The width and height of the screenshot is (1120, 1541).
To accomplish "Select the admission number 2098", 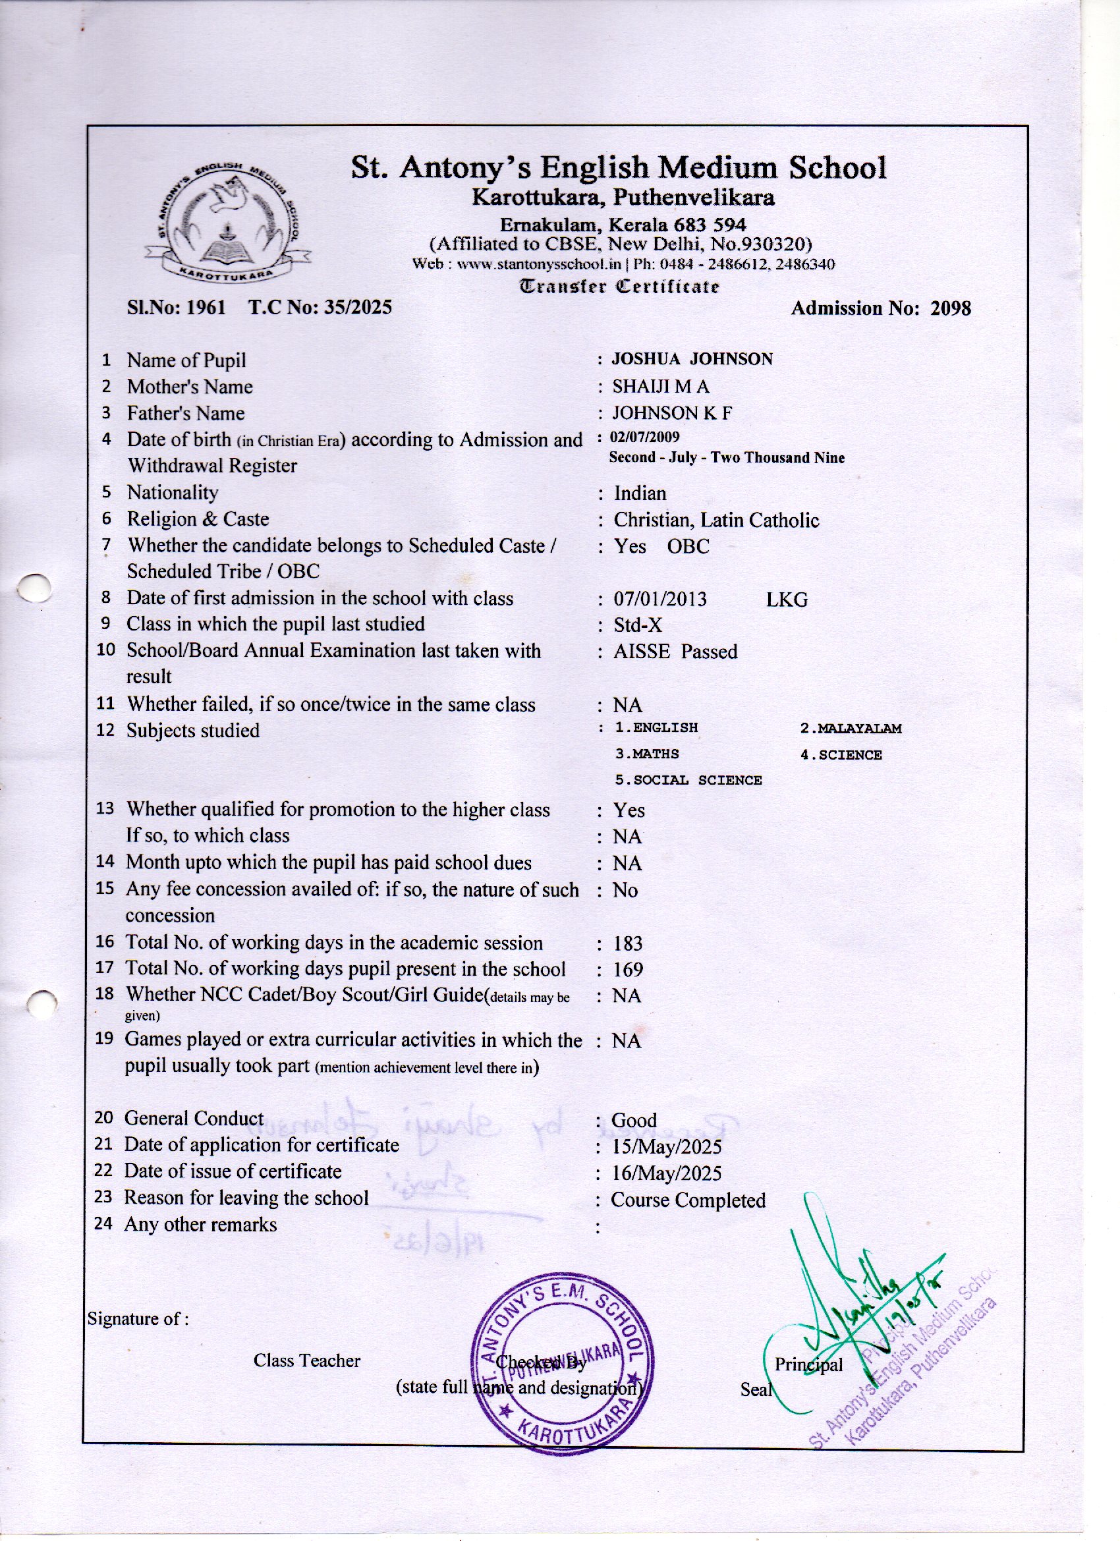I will pyautogui.click(x=950, y=308).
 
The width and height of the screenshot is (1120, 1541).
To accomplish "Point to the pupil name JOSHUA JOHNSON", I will pyautogui.click(x=692, y=359).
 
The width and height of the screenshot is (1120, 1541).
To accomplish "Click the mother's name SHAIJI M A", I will pyautogui.click(x=661, y=387).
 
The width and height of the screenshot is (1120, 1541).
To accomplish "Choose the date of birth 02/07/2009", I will pyautogui.click(x=646, y=437).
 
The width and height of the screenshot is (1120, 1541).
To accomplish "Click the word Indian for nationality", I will pyautogui.click(x=640, y=493).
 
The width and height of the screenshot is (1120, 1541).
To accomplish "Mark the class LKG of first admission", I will pyautogui.click(x=787, y=600).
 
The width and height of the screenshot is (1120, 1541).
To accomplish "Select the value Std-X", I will pyautogui.click(x=638, y=625).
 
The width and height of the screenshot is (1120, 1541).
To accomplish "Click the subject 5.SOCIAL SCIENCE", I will pyautogui.click(x=688, y=780).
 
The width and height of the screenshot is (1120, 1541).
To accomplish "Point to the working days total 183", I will pyautogui.click(x=627, y=943).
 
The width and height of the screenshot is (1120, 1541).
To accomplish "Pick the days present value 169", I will pyautogui.click(x=627, y=970).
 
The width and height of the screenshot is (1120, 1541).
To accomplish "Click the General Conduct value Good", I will pyautogui.click(x=634, y=1121).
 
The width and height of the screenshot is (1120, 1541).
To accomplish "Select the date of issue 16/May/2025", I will pyautogui.click(x=666, y=1173).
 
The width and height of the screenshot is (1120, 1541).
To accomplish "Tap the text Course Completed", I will pyautogui.click(x=688, y=1200).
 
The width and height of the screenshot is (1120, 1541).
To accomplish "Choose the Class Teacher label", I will pyautogui.click(x=306, y=1360).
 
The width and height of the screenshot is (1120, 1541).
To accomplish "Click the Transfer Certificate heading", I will pyautogui.click(x=619, y=286).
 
